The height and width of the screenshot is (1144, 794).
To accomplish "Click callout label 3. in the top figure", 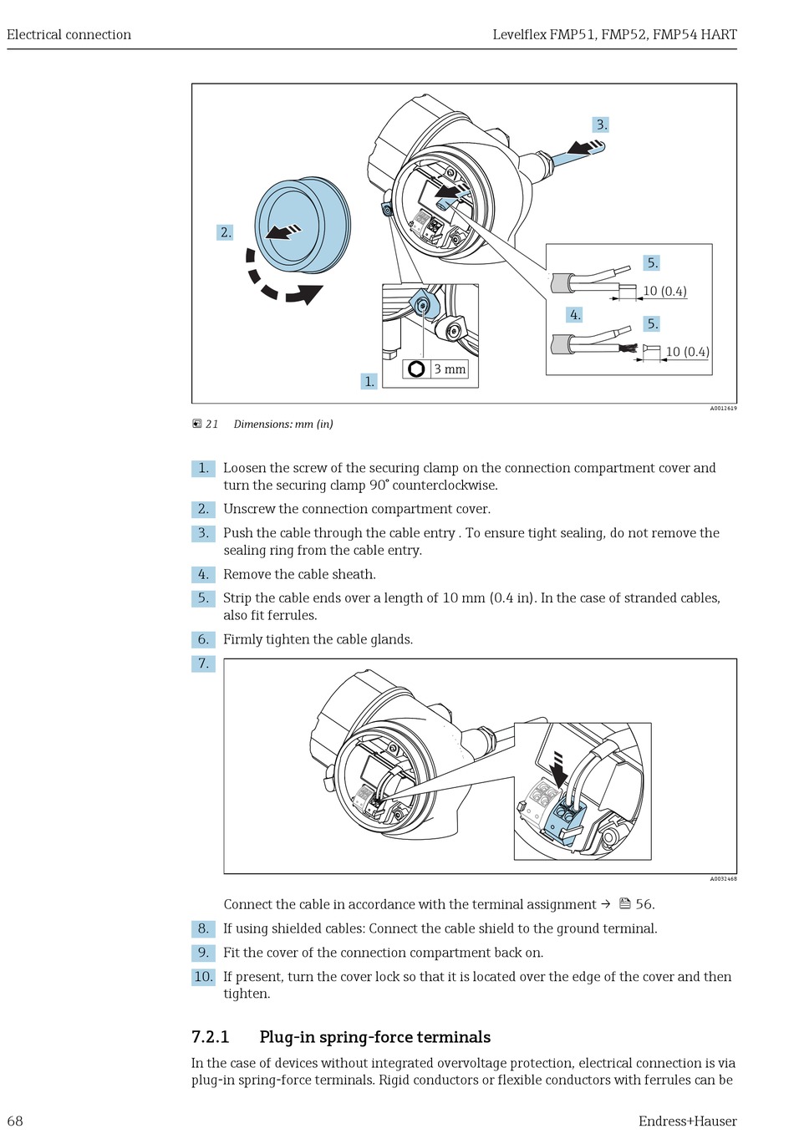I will click(601, 125).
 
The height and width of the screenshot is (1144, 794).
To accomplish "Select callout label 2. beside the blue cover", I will click(225, 232).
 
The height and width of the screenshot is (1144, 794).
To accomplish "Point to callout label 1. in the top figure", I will click(369, 381).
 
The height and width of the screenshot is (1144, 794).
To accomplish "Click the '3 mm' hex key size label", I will click(450, 369).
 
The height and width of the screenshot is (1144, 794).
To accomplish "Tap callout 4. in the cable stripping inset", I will click(574, 315).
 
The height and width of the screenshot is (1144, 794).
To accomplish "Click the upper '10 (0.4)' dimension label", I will click(664, 291).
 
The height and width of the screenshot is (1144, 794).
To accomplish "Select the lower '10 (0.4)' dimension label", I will click(687, 352).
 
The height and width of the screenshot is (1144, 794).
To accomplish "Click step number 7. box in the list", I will click(203, 664).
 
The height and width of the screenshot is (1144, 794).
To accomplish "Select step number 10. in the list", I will click(203, 977).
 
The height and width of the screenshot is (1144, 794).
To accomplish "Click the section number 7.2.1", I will click(210, 1037).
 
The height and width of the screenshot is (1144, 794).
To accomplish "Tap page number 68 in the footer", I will click(15, 1121).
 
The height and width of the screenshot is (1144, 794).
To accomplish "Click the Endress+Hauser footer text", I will click(687, 1121).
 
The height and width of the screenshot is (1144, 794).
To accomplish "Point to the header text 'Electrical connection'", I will click(69, 34).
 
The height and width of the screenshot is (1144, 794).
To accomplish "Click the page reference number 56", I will click(644, 904).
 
